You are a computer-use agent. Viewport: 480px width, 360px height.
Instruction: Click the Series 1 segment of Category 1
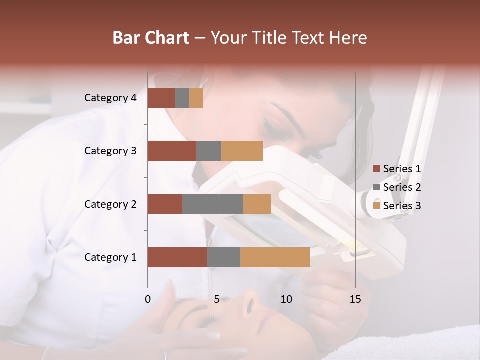[x=177, y=257]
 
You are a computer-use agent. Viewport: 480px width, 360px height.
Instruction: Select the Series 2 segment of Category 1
[x=224, y=257]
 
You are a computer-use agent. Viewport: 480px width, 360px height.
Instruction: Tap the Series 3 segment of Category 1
[x=275, y=257]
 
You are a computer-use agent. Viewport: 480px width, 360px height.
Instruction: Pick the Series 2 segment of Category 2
[x=213, y=204]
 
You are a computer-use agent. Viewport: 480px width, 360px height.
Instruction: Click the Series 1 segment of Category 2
[x=165, y=204]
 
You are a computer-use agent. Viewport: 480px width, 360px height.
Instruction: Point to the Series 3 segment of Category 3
[x=242, y=151]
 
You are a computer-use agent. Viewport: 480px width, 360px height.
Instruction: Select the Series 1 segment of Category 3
[x=172, y=151]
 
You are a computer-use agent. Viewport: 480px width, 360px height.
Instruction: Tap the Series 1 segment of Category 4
[x=161, y=98]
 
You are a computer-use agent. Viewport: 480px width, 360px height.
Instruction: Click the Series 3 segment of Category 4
[x=196, y=98]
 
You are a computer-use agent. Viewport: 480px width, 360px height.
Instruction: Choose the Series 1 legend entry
[x=397, y=169]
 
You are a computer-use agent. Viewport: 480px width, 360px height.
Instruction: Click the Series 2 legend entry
[x=397, y=187]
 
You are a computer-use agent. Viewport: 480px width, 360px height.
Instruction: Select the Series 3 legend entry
[x=397, y=206]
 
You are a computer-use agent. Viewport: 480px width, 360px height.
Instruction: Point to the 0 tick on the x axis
[x=148, y=299]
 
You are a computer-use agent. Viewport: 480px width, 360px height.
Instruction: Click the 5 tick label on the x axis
[x=217, y=299]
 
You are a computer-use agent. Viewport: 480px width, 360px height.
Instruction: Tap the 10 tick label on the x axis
[x=286, y=299]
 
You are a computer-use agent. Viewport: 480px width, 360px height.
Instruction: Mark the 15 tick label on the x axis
[x=355, y=299]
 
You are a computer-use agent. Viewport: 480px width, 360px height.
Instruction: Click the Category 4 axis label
[x=110, y=98]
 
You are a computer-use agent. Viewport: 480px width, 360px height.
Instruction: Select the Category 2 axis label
[x=110, y=204]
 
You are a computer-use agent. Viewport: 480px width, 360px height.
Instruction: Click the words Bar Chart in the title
[x=151, y=37]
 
